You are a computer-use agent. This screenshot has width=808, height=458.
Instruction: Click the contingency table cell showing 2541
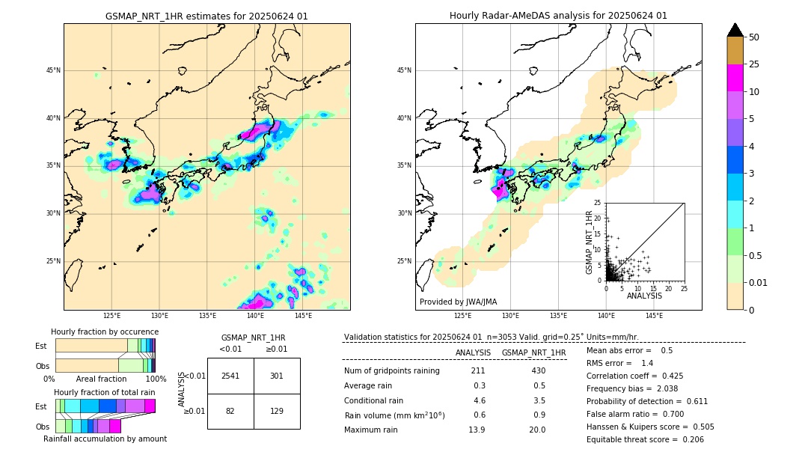pyautogui.click(x=230, y=376)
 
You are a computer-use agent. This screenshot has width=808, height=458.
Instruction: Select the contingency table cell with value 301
pyautogui.click(x=277, y=376)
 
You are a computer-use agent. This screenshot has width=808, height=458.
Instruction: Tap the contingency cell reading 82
pyautogui.click(x=230, y=411)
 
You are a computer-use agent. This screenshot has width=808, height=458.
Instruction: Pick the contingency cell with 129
pyautogui.click(x=277, y=411)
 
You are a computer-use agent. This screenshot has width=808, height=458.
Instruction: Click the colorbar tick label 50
pyautogui.click(x=754, y=37)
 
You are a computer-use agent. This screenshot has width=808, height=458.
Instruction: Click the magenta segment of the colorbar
pyautogui.click(x=735, y=78)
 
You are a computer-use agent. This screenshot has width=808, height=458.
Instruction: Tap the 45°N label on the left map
pyautogui.click(x=52, y=70)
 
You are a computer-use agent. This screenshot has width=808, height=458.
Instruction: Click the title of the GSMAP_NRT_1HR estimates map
pyautogui.click(x=206, y=16)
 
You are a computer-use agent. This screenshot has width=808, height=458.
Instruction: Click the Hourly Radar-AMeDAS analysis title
pyautogui.click(x=558, y=16)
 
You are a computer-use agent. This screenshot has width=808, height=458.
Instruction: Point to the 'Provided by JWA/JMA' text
pyautogui.click(x=458, y=302)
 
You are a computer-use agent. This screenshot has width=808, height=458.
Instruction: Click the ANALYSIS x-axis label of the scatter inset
pyautogui.click(x=644, y=296)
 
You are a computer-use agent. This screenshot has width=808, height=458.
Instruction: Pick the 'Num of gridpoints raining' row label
pyautogui.click(x=391, y=371)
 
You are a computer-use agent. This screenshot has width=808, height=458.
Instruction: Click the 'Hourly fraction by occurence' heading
pyautogui.click(x=105, y=332)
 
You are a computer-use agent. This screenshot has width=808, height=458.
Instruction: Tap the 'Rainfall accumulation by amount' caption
pyautogui.click(x=105, y=439)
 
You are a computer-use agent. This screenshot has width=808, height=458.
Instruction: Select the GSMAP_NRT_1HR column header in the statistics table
pyautogui.click(x=533, y=352)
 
